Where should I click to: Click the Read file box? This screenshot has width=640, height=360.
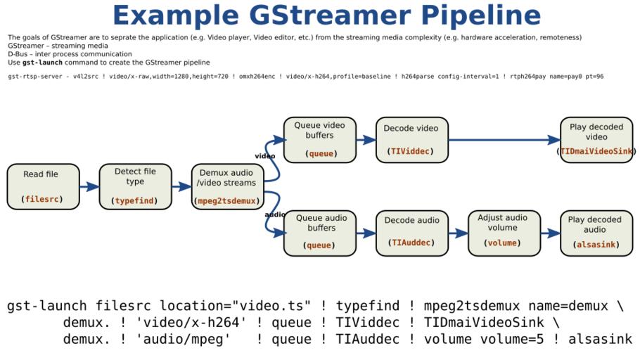click(41, 186)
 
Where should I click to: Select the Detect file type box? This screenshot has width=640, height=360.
click(135, 186)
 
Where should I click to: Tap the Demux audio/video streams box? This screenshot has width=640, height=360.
click(226, 186)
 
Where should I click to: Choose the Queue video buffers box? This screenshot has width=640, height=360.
click(319, 140)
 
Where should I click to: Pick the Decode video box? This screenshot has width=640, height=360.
click(411, 140)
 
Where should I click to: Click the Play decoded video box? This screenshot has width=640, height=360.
click(596, 140)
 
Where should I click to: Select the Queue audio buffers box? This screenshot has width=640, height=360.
click(319, 233)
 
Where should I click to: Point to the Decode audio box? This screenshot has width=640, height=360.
click(411, 233)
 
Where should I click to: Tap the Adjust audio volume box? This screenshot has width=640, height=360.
click(503, 233)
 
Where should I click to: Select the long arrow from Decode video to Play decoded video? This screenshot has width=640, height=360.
click(503, 140)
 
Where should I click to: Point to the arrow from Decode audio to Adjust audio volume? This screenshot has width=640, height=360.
click(457, 233)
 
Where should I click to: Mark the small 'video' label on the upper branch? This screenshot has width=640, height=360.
click(264, 156)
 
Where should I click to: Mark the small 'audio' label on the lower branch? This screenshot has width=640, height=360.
click(274, 214)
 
